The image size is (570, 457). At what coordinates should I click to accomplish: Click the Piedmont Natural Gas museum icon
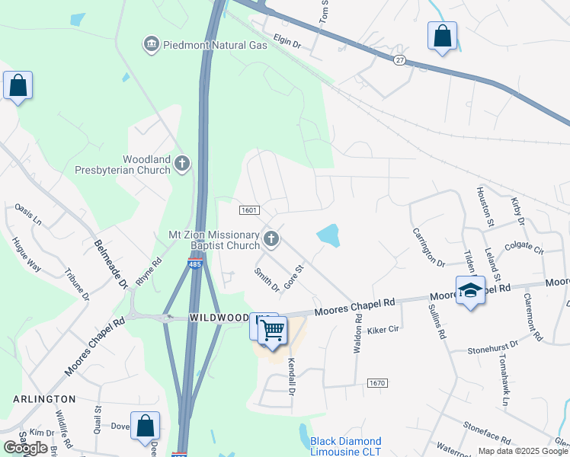coord(151,45)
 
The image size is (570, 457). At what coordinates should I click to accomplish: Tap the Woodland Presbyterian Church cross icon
coord(181,163)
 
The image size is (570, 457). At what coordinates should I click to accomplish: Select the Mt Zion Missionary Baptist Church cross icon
coord(271,241)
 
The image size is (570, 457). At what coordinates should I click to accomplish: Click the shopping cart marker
coord(272,331)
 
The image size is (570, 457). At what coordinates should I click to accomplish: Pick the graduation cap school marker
coord(470,290)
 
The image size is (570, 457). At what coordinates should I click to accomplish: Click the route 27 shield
coord(400,60)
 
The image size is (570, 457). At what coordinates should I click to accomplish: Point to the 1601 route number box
coord(249,210)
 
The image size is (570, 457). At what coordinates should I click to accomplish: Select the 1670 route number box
coord(377,382)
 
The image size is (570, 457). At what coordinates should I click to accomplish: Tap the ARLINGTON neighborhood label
coord(44,398)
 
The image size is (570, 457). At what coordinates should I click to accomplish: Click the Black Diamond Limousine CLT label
coord(346,446)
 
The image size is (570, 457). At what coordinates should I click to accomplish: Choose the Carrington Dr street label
coord(428,248)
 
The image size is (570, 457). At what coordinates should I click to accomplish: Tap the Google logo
coord(26,448)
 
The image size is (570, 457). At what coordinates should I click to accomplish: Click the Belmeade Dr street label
coord(111,264)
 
